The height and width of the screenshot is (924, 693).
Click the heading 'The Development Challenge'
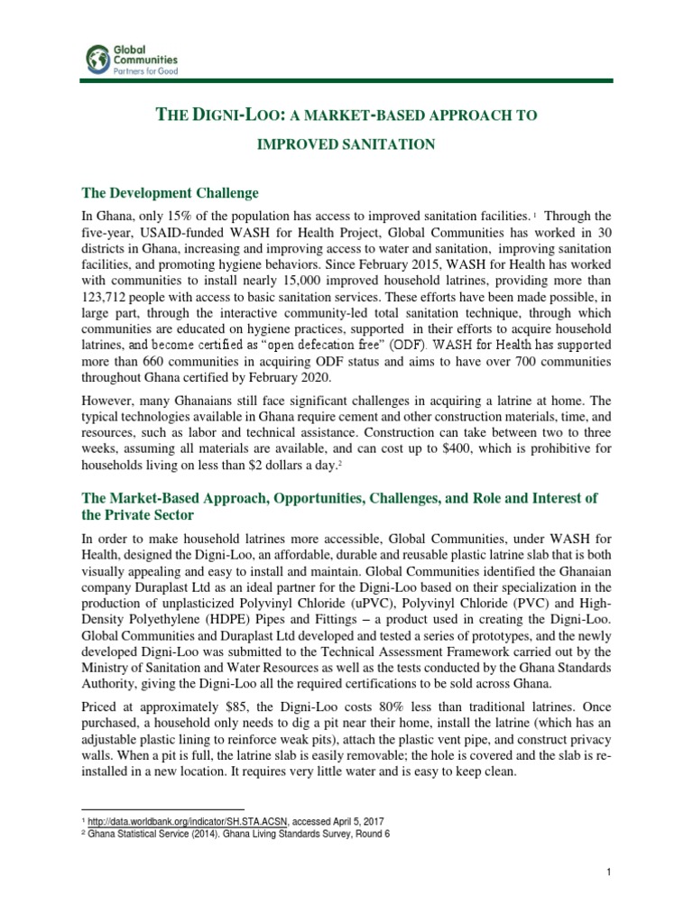pyautogui.click(x=170, y=193)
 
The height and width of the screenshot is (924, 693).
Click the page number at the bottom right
pyautogui.click(x=610, y=873)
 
